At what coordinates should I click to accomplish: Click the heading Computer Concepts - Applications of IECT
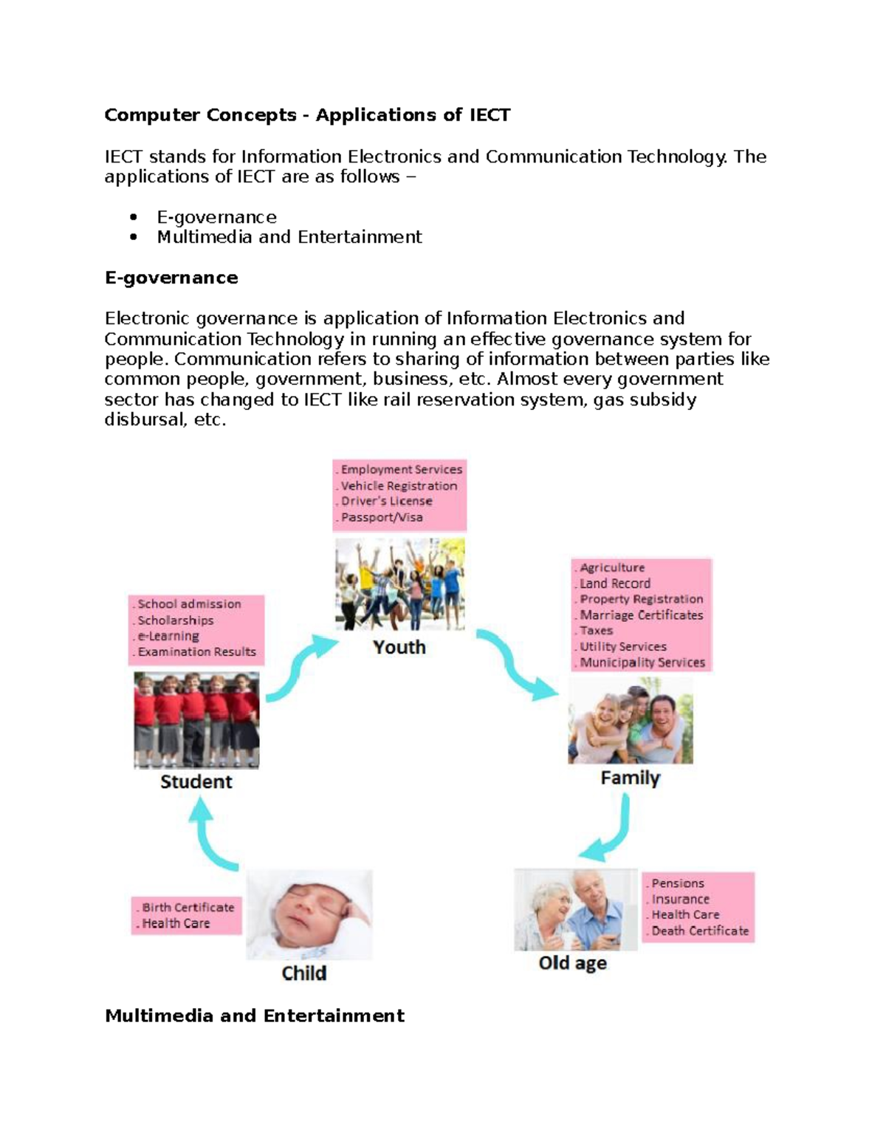(x=307, y=115)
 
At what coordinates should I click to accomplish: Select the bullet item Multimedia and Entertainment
(x=289, y=237)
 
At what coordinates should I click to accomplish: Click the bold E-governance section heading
(x=171, y=278)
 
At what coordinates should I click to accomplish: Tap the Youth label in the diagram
(x=399, y=647)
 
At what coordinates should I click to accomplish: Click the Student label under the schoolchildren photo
(x=196, y=781)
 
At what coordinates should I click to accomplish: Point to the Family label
(x=630, y=778)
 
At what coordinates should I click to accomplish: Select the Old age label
(x=572, y=963)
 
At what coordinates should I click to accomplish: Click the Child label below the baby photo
(x=303, y=973)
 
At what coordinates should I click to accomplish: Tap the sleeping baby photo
(x=309, y=914)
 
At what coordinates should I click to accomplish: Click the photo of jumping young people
(x=399, y=583)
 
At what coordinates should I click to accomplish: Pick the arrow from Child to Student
(x=210, y=835)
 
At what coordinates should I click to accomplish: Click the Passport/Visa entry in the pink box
(x=382, y=518)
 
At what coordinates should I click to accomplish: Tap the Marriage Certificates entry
(x=641, y=615)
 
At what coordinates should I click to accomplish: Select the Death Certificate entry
(x=700, y=931)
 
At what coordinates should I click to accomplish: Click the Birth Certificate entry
(x=188, y=908)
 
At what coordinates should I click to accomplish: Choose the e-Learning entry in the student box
(x=168, y=636)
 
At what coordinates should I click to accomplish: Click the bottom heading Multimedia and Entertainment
(x=255, y=1016)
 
